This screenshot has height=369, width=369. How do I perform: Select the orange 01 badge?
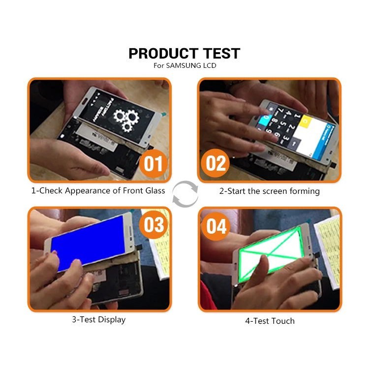pos(153,163)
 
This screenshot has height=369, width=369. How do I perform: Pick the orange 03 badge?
pos(153,225)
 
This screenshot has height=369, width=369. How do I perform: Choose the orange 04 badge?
pos(216,226)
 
